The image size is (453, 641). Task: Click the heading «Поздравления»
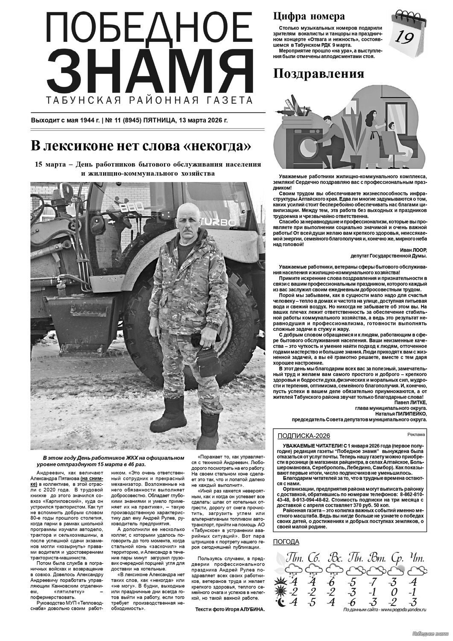(x=319, y=74)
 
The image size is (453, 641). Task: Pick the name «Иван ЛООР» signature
(x=413, y=250)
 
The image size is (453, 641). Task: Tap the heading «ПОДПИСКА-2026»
(x=304, y=436)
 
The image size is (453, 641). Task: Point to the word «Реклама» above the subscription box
(x=417, y=435)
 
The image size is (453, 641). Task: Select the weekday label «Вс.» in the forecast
(x=336, y=558)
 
